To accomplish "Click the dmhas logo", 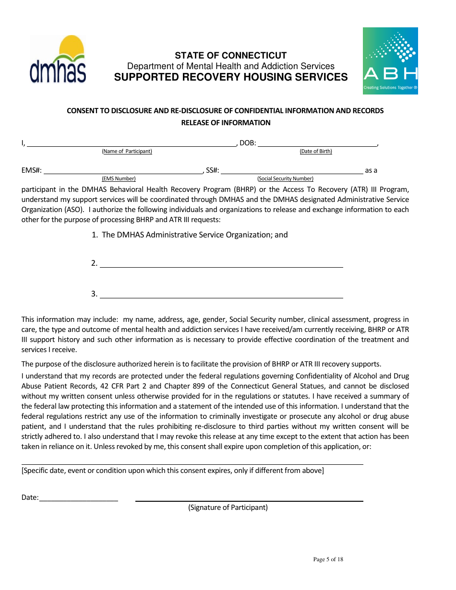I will (58, 59).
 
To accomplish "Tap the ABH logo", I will (390, 60).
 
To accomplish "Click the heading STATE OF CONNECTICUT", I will (230, 55).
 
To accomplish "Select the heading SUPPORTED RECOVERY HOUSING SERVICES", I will (230, 77).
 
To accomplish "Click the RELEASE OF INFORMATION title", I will (226, 123).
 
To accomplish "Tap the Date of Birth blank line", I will (317, 144).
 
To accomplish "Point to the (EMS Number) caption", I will (119, 179).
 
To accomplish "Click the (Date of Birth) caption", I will (316, 152).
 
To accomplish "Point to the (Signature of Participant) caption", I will (228, 507).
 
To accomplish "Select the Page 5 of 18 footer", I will (328, 559).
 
